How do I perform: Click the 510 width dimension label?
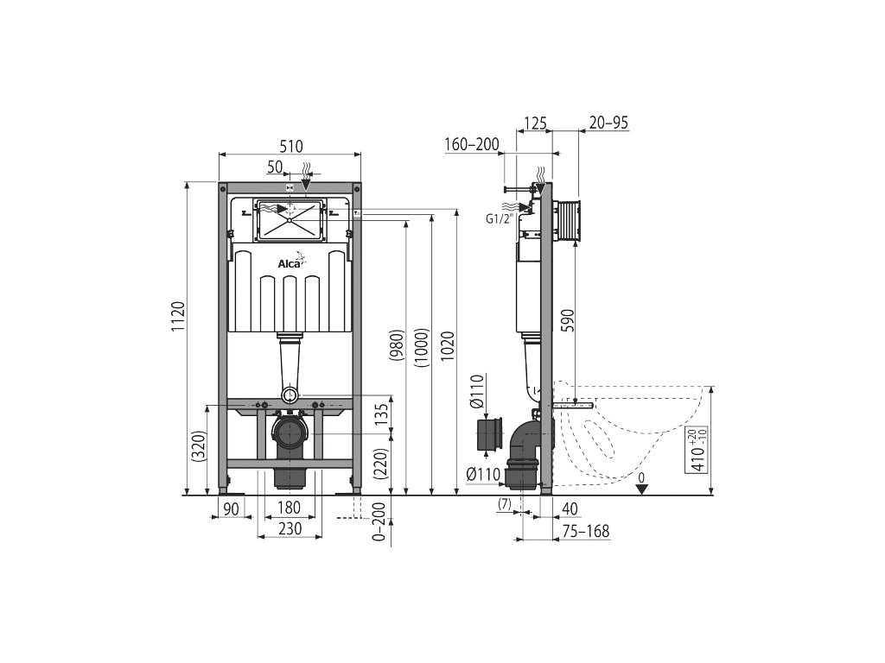pos(291,147)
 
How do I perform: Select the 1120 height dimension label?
pos(178,317)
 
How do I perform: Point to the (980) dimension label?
pos(398,345)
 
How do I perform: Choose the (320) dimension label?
pos(201,446)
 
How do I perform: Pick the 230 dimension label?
pos(290,529)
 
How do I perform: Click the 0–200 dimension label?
pos(381,521)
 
